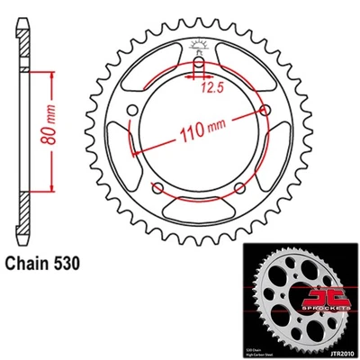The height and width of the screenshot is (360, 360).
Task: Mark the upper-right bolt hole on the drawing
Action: [264, 108]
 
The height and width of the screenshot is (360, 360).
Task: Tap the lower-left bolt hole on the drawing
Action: [158, 186]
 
